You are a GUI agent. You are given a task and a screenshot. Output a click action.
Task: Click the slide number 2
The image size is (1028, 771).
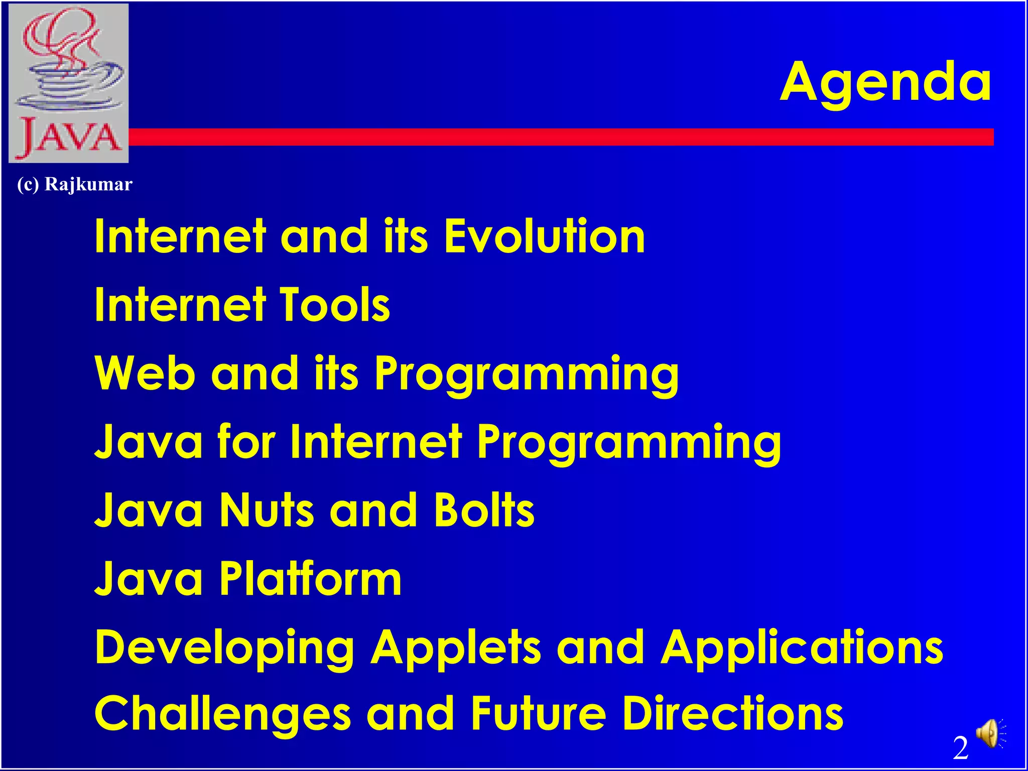pos(961,748)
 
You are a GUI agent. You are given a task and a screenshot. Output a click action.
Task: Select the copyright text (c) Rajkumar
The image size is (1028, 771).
pos(75,184)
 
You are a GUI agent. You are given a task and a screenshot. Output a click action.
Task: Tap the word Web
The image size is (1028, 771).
pos(145,373)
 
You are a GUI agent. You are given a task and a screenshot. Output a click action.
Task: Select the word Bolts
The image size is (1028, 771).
pos(484,510)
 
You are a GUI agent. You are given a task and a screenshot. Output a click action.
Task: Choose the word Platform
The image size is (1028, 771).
pos(311,579)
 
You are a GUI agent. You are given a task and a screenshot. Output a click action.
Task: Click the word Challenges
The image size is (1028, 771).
pos(222,715)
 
